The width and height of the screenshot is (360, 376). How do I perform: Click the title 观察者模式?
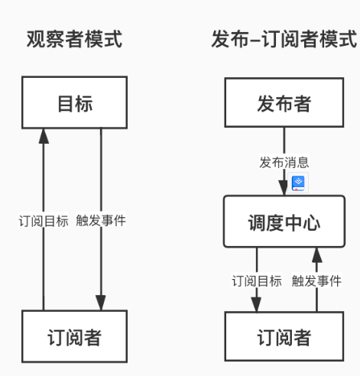(74, 40)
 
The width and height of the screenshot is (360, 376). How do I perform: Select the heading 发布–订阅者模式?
(284, 40)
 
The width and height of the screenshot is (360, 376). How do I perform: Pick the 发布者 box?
(284, 103)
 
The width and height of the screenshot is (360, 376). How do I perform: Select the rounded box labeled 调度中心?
(284, 222)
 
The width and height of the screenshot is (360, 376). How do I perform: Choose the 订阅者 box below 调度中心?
(284, 336)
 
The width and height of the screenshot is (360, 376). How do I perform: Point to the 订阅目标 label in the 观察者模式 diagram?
(44, 222)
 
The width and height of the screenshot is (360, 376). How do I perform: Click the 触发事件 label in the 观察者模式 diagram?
(101, 222)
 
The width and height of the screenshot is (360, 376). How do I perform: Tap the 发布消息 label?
(284, 163)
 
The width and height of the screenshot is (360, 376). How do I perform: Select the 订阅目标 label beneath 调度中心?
(257, 280)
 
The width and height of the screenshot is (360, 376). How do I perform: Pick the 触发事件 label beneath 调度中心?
(316, 280)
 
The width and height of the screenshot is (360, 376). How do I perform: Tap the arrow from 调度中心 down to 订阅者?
(257, 264)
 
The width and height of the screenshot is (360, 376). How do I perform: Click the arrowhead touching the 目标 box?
(44, 136)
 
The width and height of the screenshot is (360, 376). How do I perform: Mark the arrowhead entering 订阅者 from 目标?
(101, 303)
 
